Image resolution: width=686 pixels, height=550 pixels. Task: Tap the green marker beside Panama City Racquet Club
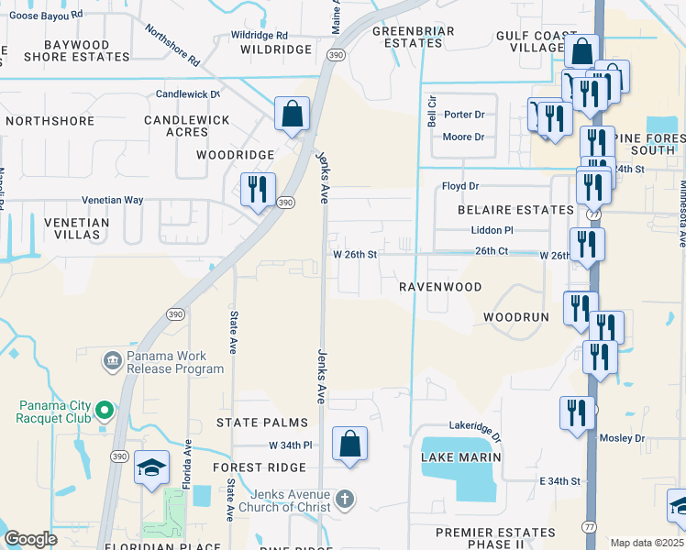pyautogui.click(x=105, y=410)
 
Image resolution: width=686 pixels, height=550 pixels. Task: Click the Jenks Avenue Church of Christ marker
pyautogui.click(x=344, y=500)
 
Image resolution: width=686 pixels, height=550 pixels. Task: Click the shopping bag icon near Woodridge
pyautogui.click(x=292, y=115)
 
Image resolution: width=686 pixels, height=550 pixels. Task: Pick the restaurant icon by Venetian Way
pyautogui.click(x=257, y=190)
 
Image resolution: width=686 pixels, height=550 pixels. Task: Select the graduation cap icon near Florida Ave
pyautogui.click(x=151, y=468)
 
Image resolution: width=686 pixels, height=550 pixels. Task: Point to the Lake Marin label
pyautogui.click(x=460, y=456)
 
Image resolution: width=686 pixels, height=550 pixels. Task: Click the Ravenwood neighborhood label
pyautogui.click(x=440, y=287)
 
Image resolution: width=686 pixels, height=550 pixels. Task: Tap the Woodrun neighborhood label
pyautogui.click(x=515, y=317)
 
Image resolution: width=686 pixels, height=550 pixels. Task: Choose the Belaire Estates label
pyautogui.click(x=515, y=210)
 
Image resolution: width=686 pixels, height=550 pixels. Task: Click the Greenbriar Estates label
pyautogui.click(x=401, y=37)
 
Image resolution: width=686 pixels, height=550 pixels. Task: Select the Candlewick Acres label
pyautogui.click(x=186, y=126)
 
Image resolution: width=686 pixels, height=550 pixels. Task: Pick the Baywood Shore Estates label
pyautogui.click(x=77, y=50)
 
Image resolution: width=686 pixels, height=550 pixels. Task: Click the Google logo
pyautogui.click(x=31, y=539)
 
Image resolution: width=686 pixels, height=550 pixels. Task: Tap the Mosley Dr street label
pyautogui.click(x=623, y=438)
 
